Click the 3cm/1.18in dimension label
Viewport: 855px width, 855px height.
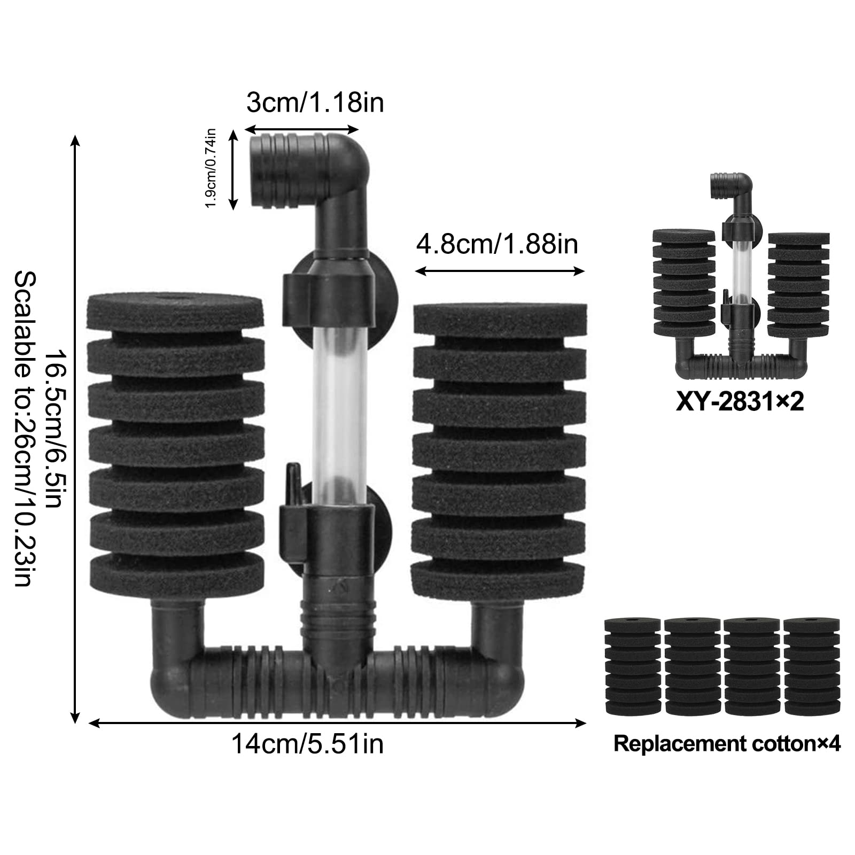point(315,102)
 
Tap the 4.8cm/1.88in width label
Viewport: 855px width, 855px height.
point(497,244)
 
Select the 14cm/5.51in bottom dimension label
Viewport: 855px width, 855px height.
point(307,744)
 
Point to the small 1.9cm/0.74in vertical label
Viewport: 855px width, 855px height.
point(211,168)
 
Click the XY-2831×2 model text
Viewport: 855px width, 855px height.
point(740,402)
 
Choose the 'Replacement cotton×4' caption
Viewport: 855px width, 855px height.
point(727,743)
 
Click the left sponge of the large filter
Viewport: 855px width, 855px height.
point(176,443)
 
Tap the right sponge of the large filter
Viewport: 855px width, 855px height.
point(500,448)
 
